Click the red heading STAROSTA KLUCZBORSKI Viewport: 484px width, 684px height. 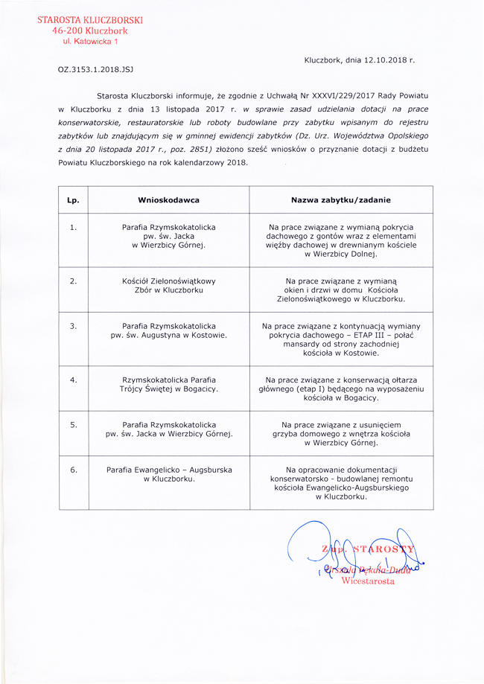click(x=90, y=19)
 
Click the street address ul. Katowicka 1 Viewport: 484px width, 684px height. click(x=90, y=42)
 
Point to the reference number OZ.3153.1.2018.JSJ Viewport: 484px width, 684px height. click(x=95, y=68)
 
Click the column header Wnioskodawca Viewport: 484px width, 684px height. click(x=168, y=200)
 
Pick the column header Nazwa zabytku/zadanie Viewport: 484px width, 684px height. click(x=340, y=200)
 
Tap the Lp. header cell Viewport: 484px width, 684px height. click(x=73, y=200)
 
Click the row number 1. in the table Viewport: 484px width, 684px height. click(x=73, y=227)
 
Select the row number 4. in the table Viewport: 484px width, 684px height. click(x=73, y=380)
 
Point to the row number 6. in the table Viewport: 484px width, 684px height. click(x=73, y=470)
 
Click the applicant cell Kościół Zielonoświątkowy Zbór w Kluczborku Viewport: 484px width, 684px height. click(x=168, y=285)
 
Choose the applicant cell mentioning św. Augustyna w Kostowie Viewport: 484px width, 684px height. click(x=168, y=330)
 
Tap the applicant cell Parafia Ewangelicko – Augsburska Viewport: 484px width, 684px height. click(x=168, y=474)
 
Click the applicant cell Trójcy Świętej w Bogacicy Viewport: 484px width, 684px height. click(x=168, y=384)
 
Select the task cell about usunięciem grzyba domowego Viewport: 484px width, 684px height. click(x=340, y=433)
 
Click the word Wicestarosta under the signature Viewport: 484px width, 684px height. click(x=368, y=581)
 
